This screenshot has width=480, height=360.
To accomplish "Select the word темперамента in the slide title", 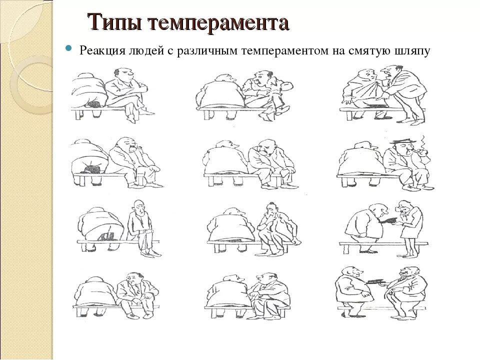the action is point(219,23).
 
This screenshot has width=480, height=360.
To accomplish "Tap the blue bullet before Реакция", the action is point(68,49).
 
